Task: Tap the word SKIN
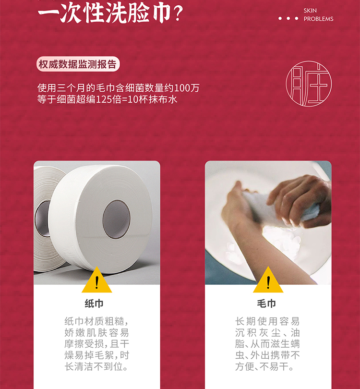pyautogui.click(x=310, y=11)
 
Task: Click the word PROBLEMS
pyautogui.click(x=318, y=19)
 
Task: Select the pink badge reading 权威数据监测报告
pyautogui.click(x=78, y=64)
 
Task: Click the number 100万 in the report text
pyautogui.click(x=187, y=88)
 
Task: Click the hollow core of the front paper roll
pyautogui.click(x=117, y=219)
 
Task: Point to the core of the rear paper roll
pyautogui.click(x=43, y=219)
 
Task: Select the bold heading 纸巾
pyautogui.click(x=94, y=304)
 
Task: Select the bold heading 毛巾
pyautogui.click(x=266, y=304)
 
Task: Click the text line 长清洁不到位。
pyautogui.click(x=96, y=366)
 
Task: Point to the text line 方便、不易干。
pyautogui.click(x=264, y=366)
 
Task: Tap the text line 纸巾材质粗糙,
pyautogui.click(x=96, y=321)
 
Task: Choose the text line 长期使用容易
pyautogui.click(x=267, y=321)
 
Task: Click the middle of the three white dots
pyautogui.click(x=288, y=18)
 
